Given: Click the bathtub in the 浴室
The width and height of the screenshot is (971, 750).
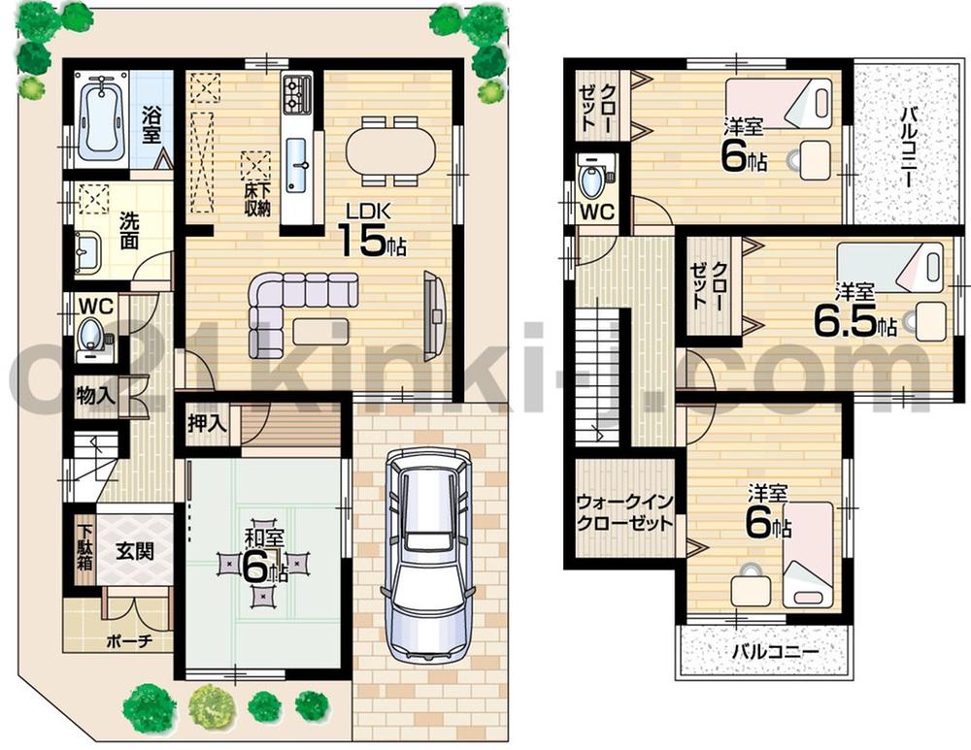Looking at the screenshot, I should [100, 120].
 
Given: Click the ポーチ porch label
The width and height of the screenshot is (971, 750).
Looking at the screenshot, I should [127, 642].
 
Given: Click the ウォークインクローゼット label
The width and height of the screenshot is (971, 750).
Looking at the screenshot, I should [624, 511].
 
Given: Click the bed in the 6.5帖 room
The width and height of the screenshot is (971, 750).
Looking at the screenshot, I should [891, 268].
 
